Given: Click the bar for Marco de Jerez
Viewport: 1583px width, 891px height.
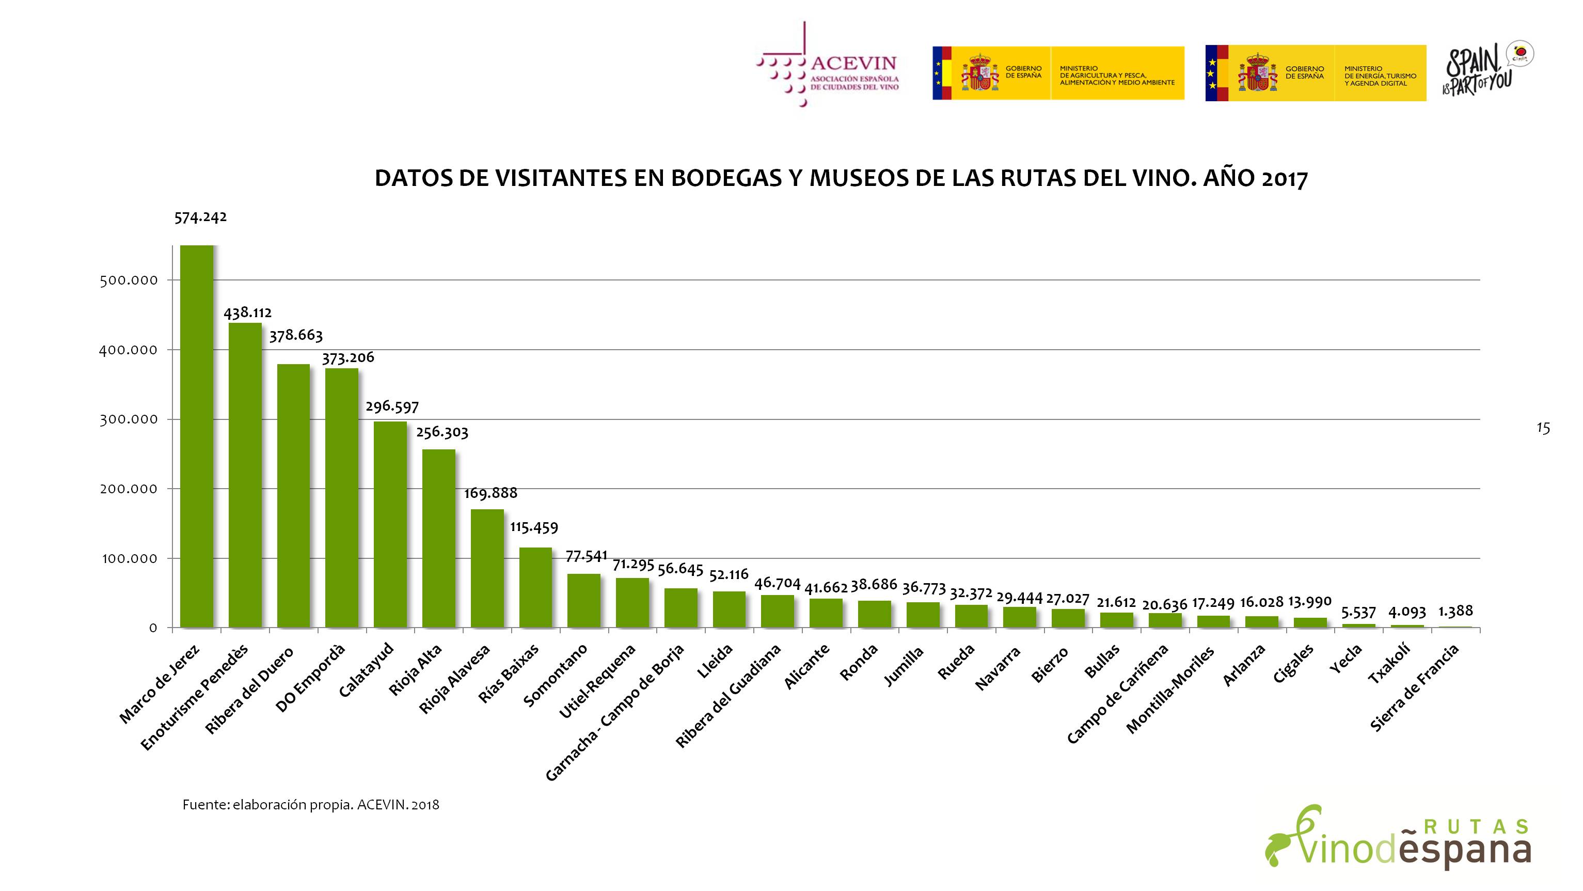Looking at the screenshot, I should pyautogui.click(x=197, y=436).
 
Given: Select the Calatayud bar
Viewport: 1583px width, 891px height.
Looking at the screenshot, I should pyautogui.click(x=390, y=524).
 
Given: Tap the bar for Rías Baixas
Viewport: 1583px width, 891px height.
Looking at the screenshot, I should pyautogui.click(x=535, y=587).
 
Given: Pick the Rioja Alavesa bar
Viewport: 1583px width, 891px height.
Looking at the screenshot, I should pyautogui.click(x=487, y=568).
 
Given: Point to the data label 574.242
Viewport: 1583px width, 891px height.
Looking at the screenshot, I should pyautogui.click(x=200, y=217).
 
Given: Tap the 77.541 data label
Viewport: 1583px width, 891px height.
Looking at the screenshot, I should pyautogui.click(x=586, y=556).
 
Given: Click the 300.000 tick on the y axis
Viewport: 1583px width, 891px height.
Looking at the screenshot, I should pyautogui.click(x=129, y=419).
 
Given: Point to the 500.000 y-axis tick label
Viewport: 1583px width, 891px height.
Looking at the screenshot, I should pyautogui.click(x=129, y=280).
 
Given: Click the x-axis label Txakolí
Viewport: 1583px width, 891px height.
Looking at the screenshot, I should pyautogui.click(x=1389, y=664).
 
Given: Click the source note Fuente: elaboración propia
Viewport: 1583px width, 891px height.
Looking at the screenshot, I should pyautogui.click(x=310, y=805).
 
